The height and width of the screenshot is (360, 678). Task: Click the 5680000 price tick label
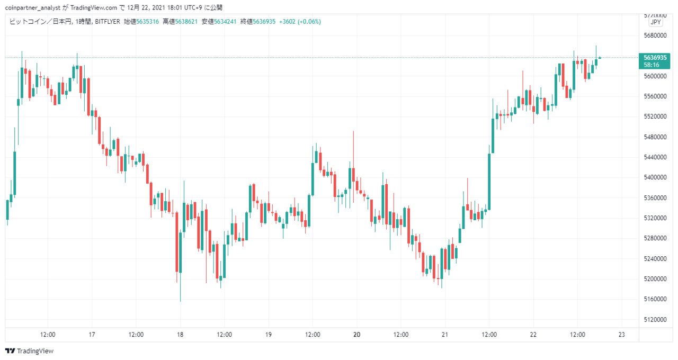point(655,35)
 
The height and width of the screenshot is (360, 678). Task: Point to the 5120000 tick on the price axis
point(655,319)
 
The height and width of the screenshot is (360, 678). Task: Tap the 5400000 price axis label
point(655,177)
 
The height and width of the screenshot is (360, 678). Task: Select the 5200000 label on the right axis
point(655,278)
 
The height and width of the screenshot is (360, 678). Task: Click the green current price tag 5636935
point(655,58)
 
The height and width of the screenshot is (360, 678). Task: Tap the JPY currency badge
point(656,22)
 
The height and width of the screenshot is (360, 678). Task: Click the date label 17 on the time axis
point(92,335)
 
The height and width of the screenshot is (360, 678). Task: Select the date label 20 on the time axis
point(357,335)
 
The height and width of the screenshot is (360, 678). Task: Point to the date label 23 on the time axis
point(622,335)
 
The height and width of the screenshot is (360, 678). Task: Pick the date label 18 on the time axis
point(180,335)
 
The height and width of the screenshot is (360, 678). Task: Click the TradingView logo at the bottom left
point(29,351)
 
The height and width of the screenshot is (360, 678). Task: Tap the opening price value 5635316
point(147,22)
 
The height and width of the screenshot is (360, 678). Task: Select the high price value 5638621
point(186,22)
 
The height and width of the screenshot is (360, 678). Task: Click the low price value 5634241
point(225,22)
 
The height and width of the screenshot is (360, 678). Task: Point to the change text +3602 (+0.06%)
point(300,22)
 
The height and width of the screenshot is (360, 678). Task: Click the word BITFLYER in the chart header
point(108,22)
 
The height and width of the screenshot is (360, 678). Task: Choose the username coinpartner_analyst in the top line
point(33,7)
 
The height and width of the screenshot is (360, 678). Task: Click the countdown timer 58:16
point(652,65)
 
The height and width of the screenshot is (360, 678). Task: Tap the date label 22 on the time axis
point(533,335)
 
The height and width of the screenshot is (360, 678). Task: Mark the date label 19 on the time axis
point(269,335)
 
